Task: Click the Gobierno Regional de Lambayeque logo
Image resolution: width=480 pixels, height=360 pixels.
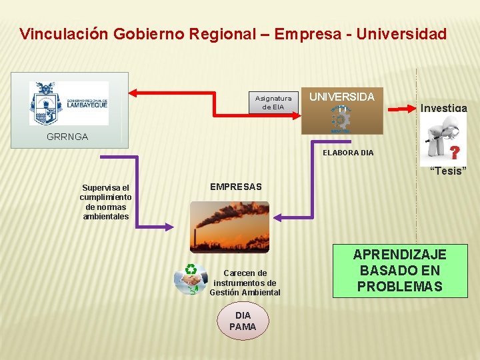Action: (69, 103)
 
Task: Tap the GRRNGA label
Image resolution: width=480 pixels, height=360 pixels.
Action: (67, 137)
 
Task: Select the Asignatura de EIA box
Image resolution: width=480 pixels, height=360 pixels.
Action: (273, 103)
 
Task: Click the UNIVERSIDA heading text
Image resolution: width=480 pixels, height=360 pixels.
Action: (342, 97)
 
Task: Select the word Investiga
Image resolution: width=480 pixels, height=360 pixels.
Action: (443, 108)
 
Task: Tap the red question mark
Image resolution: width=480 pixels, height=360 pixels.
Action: (455, 153)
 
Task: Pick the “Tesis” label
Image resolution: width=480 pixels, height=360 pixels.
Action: (448, 171)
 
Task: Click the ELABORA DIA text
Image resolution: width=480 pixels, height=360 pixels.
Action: (348, 153)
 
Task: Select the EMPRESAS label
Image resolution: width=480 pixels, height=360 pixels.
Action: (236, 187)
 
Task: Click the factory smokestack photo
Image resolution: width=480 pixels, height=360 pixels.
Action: (230, 227)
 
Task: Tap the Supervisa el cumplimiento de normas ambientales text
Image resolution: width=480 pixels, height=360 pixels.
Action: (105, 202)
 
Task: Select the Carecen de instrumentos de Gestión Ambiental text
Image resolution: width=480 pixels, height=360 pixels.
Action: (245, 283)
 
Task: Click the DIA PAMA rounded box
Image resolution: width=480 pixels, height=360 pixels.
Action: (243, 321)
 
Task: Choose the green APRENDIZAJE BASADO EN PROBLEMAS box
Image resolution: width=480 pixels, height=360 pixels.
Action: (399, 271)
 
